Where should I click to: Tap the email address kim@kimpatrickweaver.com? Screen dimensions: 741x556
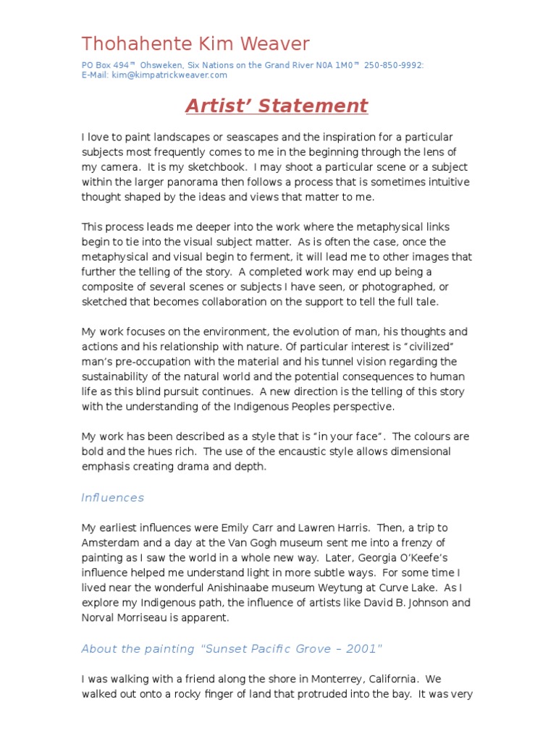coord(169,75)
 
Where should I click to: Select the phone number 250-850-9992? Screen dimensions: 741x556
coord(394,65)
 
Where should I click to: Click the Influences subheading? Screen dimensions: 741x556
coord(113,498)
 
